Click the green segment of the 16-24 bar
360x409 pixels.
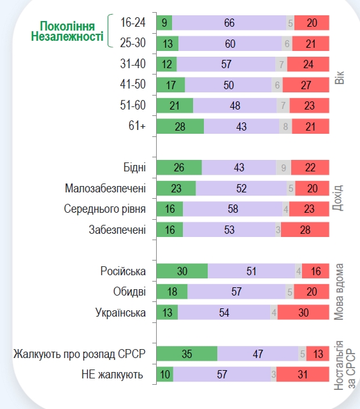[x=164, y=23]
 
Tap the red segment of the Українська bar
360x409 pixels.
[x=303, y=312]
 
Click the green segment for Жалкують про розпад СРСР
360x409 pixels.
[x=187, y=354]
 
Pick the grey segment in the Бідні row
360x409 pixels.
[x=285, y=168]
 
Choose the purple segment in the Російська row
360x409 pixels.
[x=252, y=271]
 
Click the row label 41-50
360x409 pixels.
[x=133, y=85]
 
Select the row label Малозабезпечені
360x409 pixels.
[x=105, y=189]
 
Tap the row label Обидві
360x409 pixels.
[x=129, y=292]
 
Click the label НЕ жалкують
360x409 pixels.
[x=113, y=375]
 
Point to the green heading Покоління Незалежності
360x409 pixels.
[x=67, y=32]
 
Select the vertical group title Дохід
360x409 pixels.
[x=338, y=198]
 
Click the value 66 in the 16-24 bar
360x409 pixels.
[x=229, y=23]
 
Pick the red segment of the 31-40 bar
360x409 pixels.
[x=308, y=64]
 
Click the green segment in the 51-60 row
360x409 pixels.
[x=175, y=106]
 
